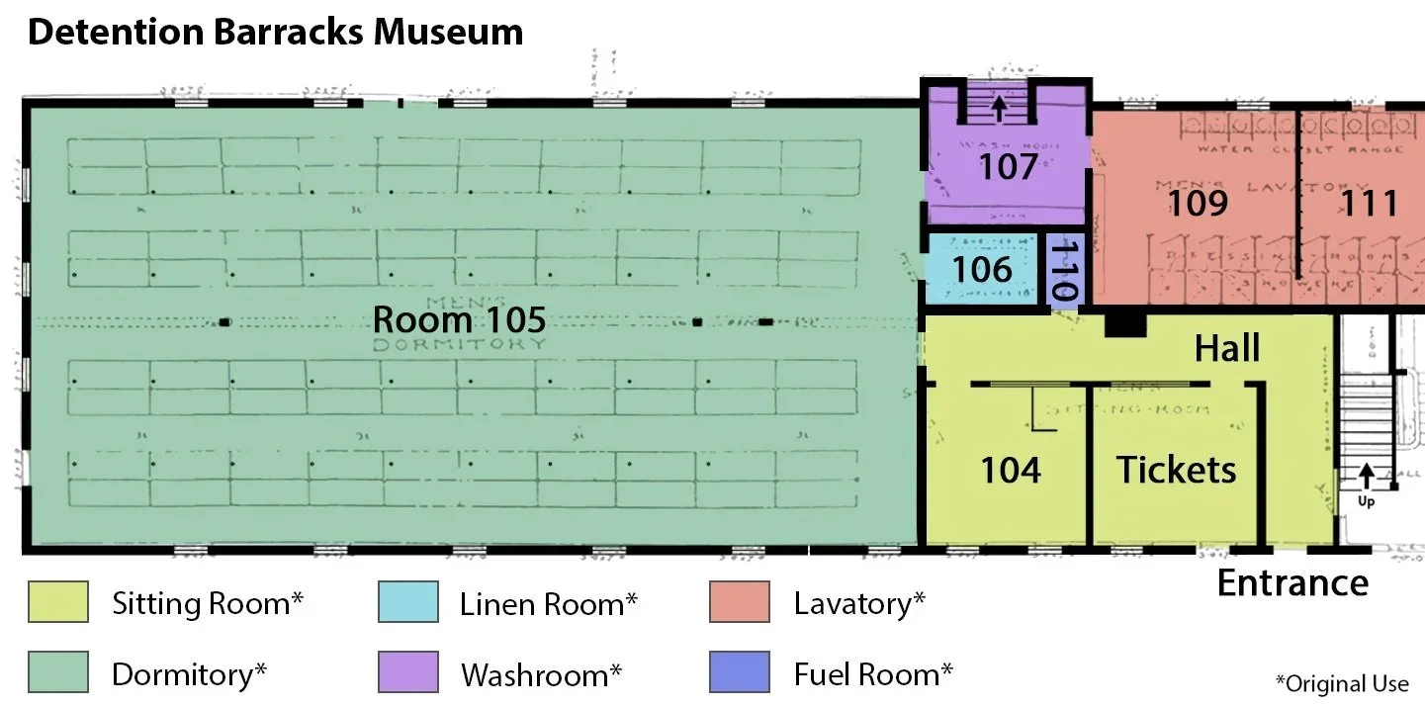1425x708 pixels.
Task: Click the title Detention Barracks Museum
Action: tap(275, 33)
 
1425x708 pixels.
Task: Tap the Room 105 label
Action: tap(459, 320)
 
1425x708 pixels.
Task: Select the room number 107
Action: tap(1008, 167)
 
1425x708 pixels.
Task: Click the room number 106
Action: tap(982, 269)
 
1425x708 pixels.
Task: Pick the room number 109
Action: tap(1198, 203)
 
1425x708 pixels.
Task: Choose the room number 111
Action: tap(1369, 203)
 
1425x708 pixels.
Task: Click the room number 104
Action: tap(1011, 470)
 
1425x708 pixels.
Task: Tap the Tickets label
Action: tap(1176, 470)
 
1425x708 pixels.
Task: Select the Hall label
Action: tap(1227, 348)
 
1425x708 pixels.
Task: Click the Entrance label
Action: tap(1291, 583)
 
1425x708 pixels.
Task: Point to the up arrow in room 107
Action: tap(999, 106)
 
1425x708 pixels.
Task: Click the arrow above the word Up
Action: tap(1366, 476)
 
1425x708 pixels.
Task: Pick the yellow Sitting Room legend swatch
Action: tap(58, 602)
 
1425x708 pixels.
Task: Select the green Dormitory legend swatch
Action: tap(58, 673)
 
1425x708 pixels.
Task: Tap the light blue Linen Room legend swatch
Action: tap(407, 602)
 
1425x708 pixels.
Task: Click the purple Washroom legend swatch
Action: tap(407, 673)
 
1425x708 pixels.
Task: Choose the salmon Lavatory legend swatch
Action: tap(739, 602)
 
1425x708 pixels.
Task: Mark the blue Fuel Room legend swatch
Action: tap(739, 673)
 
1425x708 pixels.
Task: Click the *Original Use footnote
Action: tap(1341, 683)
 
